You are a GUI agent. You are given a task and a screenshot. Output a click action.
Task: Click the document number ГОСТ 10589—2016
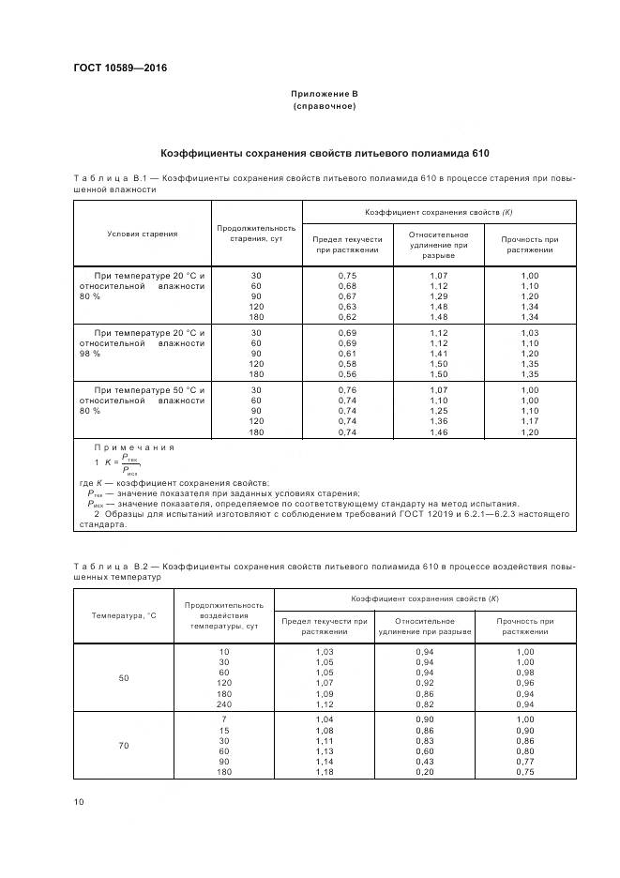pyautogui.click(x=113, y=68)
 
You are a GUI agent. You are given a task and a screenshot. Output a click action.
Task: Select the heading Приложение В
pyautogui.click(x=325, y=95)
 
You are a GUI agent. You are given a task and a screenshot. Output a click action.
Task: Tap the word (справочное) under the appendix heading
pyautogui.click(x=325, y=107)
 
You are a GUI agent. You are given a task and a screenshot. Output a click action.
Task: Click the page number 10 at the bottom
pyautogui.click(x=78, y=801)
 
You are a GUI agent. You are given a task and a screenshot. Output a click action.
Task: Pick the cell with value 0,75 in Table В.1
pyautogui.click(x=347, y=275)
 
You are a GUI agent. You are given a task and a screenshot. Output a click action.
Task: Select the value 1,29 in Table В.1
pyautogui.click(x=439, y=296)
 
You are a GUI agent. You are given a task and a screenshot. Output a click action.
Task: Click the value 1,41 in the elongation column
pyautogui.click(x=439, y=353)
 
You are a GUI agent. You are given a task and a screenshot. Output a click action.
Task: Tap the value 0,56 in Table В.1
pyautogui.click(x=347, y=373)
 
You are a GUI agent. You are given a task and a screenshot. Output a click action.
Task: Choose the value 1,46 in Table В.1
pyautogui.click(x=439, y=431)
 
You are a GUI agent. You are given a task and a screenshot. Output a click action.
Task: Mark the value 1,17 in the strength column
pyautogui.click(x=530, y=421)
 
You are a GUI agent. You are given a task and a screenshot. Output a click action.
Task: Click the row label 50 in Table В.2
pyautogui.click(x=123, y=676)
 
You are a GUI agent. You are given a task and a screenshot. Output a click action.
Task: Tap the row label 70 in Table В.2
pyautogui.click(x=123, y=745)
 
